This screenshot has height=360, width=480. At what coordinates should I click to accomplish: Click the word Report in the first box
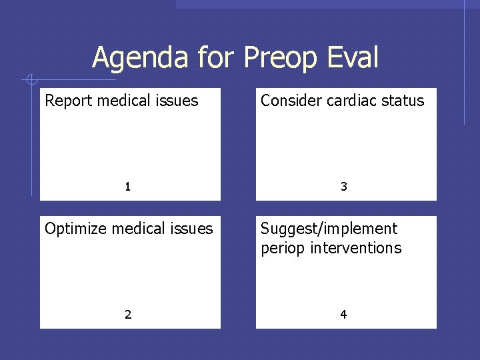coord(69,101)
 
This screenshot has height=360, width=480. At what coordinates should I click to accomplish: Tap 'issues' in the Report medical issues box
coord(179,101)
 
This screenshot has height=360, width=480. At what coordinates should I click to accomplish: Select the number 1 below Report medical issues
coord(128,187)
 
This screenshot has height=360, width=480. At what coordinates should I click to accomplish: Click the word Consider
coord(289,101)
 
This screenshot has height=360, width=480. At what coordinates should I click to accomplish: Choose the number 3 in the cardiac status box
coord(344,187)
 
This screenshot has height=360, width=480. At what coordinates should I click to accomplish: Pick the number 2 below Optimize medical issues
coord(128,315)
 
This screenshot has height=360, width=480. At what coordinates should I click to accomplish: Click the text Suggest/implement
coord(329,229)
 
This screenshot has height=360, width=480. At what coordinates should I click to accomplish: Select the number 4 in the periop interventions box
coord(344,315)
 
